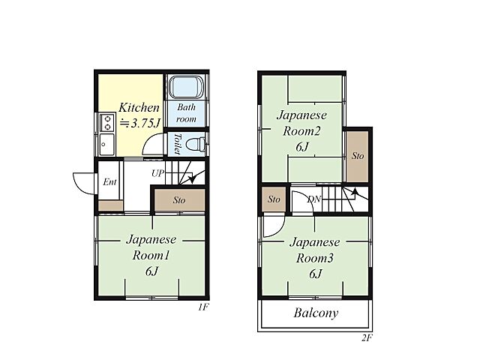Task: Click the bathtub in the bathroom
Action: (x=186, y=87)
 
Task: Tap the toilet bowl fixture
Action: (x=196, y=144)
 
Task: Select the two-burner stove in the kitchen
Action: (x=107, y=122)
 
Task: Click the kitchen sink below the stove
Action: (x=106, y=144)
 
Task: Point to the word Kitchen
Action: (x=139, y=107)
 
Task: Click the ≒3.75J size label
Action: (x=139, y=123)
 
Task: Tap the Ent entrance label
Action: (x=109, y=181)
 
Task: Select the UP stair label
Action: (x=158, y=173)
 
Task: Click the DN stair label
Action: (x=314, y=199)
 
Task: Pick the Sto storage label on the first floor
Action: (x=179, y=200)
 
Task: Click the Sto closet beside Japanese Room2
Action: (x=358, y=156)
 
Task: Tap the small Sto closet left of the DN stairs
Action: (x=274, y=199)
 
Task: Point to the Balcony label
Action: (x=316, y=313)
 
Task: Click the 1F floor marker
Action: (x=203, y=307)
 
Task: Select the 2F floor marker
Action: (x=367, y=338)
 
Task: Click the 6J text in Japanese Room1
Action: (x=151, y=271)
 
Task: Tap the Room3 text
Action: (x=314, y=258)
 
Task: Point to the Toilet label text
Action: (x=177, y=143)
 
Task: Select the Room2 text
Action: (x=301, y=131)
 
